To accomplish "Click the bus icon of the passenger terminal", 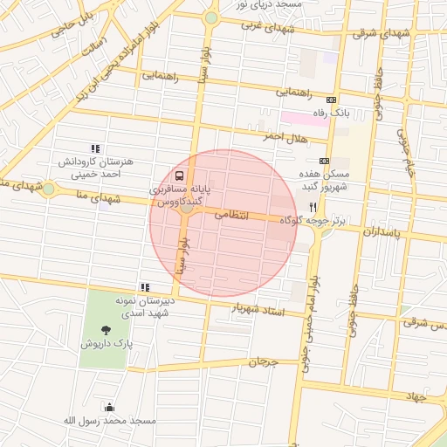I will point(179,174).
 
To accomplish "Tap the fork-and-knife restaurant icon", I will point(313,207).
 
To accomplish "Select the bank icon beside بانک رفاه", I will point(330,100).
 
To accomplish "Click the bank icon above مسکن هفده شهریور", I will point(324,161).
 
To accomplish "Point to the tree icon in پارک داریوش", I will point(106,330).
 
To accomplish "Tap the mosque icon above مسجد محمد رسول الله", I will point(109,406).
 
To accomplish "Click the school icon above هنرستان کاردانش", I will point(94,148).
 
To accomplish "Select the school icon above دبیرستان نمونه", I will point(145,286).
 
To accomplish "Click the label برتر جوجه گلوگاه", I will point(313,222).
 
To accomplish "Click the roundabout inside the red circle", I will point(186,208).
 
